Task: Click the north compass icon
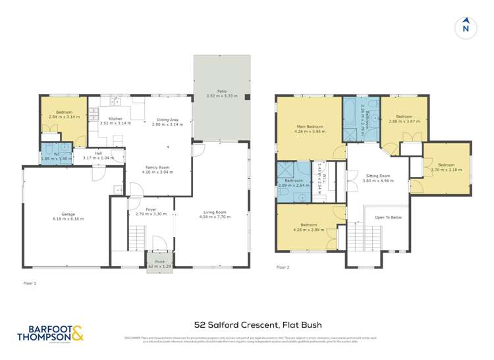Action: [466, 27]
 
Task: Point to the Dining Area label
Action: [165, 120]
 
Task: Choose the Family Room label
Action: [159, 168]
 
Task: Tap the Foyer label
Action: [151, 210]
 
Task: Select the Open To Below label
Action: [388, 217]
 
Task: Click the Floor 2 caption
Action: [283, 268]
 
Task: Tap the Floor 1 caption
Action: [30, 282]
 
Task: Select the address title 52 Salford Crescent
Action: [247, 324]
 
